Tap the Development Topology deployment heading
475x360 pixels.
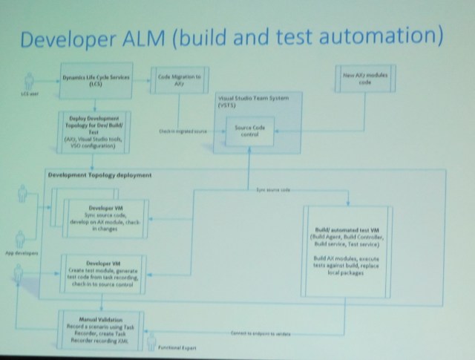(99, 175)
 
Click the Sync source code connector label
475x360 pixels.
(275, 190)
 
